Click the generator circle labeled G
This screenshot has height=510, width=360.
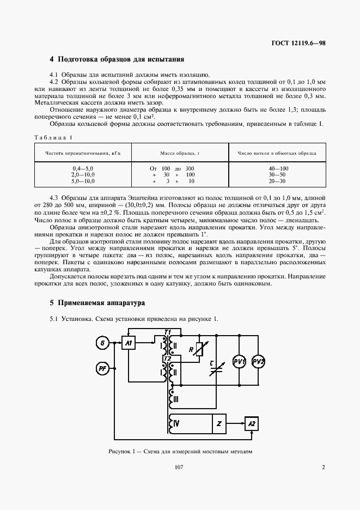(102, 343)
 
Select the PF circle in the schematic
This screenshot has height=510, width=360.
(102, 370)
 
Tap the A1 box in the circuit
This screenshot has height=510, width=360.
(129, 343)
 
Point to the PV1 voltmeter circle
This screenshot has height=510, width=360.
(240, 362)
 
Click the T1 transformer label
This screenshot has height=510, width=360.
(168, 332)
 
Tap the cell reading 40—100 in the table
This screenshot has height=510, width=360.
(278, 169)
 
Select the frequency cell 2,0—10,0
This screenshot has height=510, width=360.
(83, 175)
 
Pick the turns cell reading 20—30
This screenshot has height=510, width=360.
(278, 181)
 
